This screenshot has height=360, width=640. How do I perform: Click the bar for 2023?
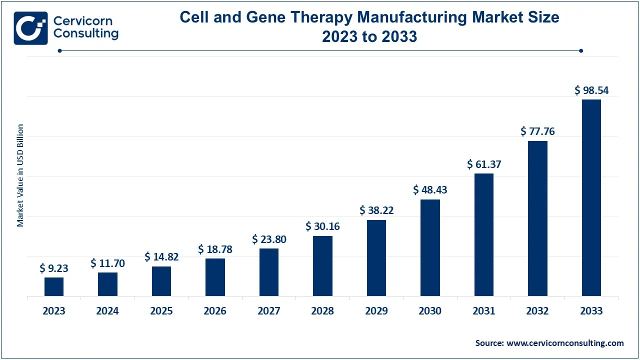[54, 286]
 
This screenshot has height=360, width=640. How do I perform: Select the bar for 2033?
[591, 197]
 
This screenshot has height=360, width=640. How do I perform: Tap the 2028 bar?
[322, 266]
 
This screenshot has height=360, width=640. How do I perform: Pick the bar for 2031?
[484, 234]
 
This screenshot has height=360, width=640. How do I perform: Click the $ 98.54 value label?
[591, 90]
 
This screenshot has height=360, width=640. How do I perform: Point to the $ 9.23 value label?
[54, 268]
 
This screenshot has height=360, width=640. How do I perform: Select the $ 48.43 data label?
[430, 190]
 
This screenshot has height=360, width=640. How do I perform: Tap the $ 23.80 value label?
[269, 239]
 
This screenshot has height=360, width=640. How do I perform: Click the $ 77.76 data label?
[537, 131]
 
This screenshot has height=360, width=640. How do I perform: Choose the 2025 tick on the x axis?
[161, 311]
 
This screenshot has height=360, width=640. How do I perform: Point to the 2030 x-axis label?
[430, 311]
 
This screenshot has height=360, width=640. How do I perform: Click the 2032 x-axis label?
[537, 311]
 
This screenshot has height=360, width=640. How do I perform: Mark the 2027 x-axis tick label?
[269, 311]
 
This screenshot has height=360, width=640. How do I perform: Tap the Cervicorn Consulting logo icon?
[30, 28]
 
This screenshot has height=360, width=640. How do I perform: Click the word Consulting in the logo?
[86, 34]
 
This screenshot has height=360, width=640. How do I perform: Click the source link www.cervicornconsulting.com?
[565, 343]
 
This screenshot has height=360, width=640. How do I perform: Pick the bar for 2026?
[215, 277]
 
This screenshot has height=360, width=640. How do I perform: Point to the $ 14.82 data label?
[161, 257]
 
